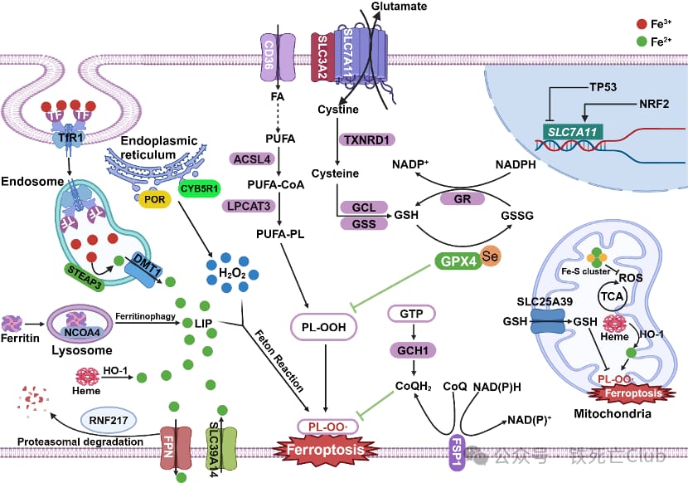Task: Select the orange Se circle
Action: tap(489, 256)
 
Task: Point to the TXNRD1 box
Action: tap(366, 140)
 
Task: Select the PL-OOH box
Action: tap(322, 329)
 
